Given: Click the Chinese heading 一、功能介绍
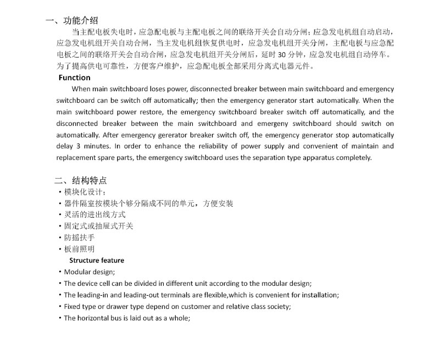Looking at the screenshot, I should point(72,21).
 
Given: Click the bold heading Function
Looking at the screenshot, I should point(74,77).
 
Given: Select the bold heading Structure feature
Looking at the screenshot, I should point(97,260).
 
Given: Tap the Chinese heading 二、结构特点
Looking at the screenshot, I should point(80,180).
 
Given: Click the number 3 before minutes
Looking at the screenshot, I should point(78,146).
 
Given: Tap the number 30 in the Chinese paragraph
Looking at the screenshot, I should point(283,54).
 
